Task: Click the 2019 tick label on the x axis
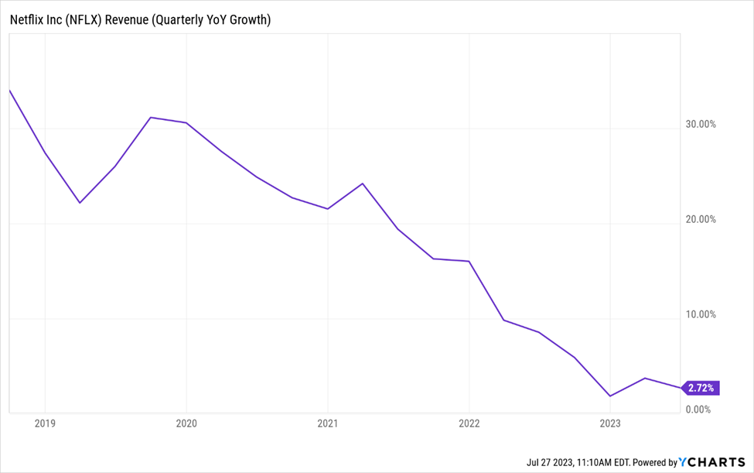click(x=45, y=423)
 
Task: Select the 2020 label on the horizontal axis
click(x=186, y=423)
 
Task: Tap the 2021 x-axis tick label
click(x=328, y=423)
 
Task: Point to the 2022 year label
click(x=469, y=423)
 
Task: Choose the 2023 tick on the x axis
click(x=610, y=423)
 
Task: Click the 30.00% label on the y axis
click(x=701, y=124)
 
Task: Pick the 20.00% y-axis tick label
click(x=701, y=219)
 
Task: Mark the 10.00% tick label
click(x=701, y=314)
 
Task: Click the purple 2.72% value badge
click(x=701, y=387)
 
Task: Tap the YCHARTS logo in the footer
click(x=712, y=462)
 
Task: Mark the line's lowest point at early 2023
click(x=611, y=396)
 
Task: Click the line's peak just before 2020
click(x=151, y=118)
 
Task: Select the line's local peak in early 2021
click(x=363, y=183)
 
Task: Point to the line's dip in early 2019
click(x=80, y=203)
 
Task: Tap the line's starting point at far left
click(x=9, y=91)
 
